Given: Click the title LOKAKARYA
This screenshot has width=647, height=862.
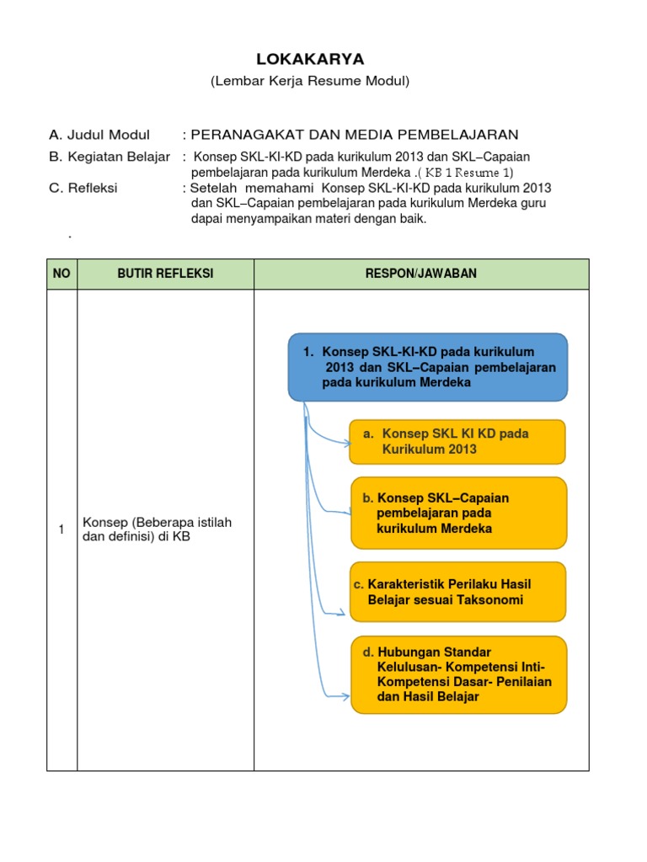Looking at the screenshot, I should [310, 59].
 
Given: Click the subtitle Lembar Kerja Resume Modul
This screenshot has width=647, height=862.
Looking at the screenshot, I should [309, 81].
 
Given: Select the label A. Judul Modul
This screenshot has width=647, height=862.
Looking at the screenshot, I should [99, 135].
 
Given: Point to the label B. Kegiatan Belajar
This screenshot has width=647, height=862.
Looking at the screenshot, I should [110, 157].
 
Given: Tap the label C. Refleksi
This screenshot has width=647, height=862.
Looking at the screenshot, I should [83, 189].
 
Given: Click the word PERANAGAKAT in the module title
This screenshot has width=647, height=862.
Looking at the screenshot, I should [242, 135].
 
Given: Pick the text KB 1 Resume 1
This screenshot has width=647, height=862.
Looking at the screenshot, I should [472, 173].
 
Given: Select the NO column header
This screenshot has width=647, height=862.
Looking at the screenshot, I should [61, 274].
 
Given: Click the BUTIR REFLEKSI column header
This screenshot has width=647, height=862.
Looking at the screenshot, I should [165, 274].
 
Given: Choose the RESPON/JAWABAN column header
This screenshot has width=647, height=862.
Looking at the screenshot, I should [420, 274].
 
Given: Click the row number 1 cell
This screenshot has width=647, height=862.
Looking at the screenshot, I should [61, 529].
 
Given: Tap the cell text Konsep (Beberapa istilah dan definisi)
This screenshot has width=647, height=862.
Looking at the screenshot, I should [157, 529].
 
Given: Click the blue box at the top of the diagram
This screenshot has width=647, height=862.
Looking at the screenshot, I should [428, 366].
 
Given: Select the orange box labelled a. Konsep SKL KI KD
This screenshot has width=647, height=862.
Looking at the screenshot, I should [457, 441].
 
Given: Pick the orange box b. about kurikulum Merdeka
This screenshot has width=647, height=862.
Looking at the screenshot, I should [458, 513].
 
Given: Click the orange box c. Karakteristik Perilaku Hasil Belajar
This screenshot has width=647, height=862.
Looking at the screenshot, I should [457, 592].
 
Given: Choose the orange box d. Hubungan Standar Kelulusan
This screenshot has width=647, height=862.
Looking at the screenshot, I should [458, 674].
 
